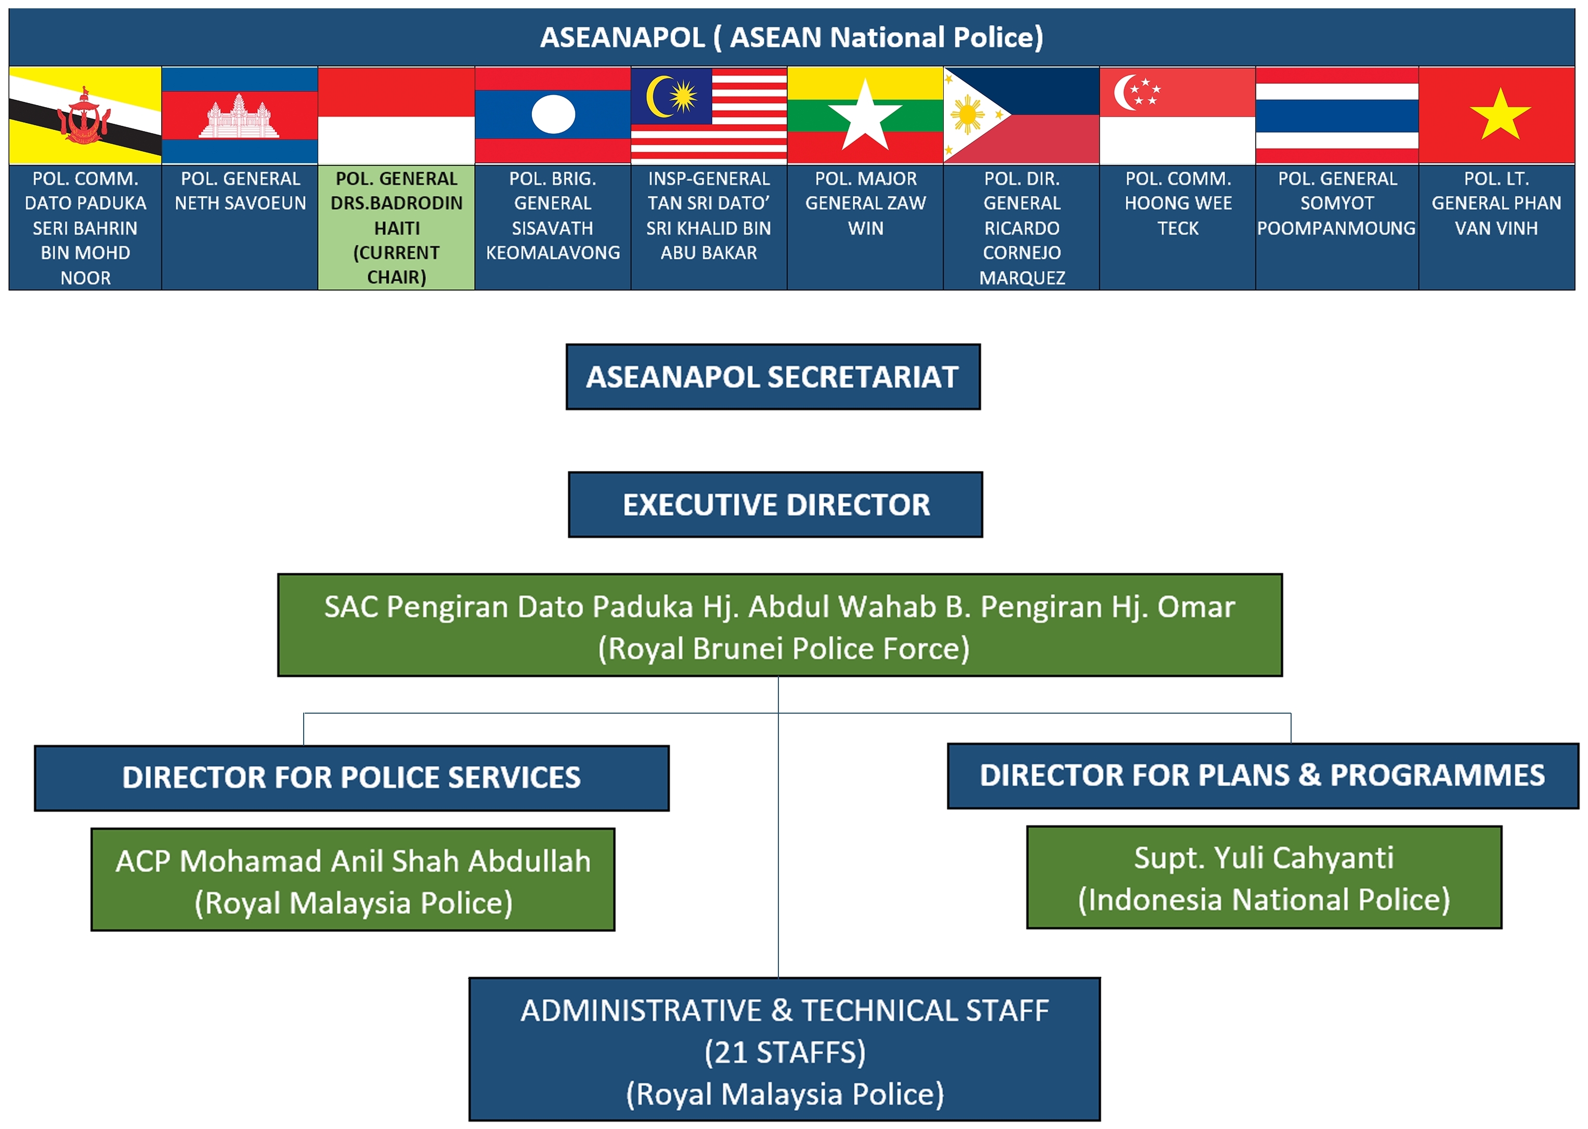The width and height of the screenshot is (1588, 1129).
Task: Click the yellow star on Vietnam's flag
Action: point(1500,115)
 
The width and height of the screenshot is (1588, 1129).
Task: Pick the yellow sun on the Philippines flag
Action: point(967,115)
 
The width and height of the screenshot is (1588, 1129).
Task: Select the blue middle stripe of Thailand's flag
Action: point(1336,115)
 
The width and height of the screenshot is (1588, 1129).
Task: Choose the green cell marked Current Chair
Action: point(396,227)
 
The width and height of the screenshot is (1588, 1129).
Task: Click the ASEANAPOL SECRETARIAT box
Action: point(773,377)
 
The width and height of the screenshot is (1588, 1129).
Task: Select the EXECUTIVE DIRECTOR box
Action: point(775,505)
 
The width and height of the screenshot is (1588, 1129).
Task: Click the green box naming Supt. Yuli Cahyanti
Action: point(1264,877)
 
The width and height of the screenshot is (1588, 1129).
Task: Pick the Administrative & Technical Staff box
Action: point(784,1051)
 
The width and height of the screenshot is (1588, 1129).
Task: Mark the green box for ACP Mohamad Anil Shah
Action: point(353,880)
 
